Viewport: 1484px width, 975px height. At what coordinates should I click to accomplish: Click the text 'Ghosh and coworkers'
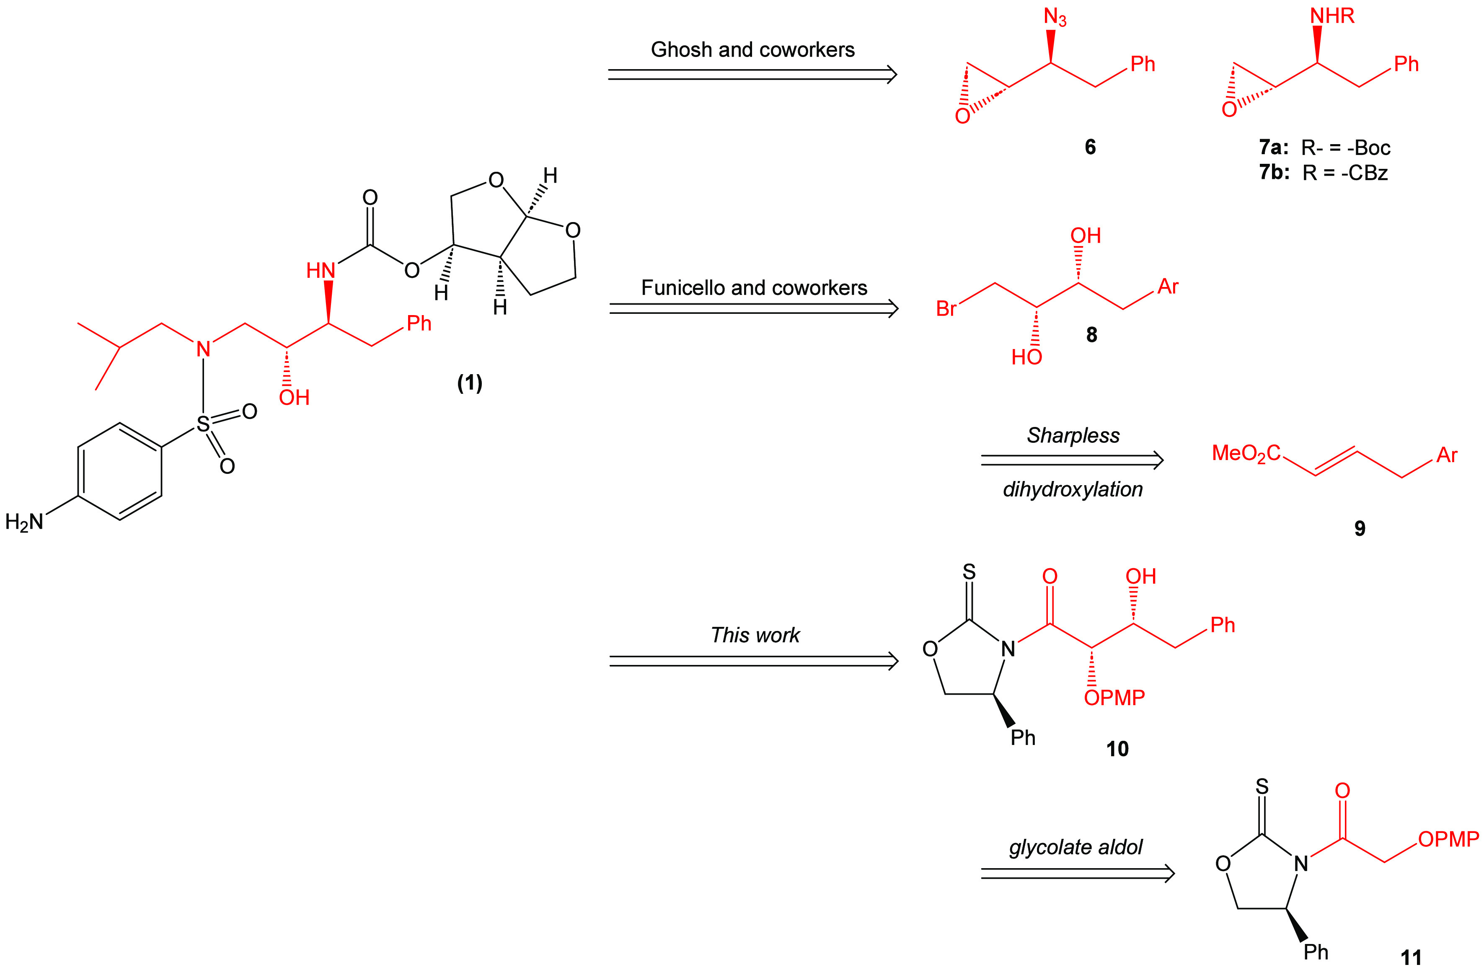click(752, 50)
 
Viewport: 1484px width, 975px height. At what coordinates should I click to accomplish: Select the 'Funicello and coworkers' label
click(754, 288)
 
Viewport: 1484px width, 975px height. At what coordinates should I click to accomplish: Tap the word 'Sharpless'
click(1073, 435)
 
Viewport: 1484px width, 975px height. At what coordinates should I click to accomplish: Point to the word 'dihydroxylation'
click(1073, 489)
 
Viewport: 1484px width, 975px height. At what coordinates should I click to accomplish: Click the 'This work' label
click(755, 635)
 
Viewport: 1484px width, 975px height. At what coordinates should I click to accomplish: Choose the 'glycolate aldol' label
click(1076, 847)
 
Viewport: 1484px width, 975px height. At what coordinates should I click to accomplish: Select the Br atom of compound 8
click(946, 308)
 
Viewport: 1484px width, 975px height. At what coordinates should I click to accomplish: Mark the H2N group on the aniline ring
click(25, 522)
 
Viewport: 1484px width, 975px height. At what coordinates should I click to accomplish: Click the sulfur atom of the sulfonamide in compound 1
click(203, 424)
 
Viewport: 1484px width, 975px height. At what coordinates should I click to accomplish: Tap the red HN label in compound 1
click(321, 271)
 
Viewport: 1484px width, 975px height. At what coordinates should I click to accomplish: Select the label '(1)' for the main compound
click(470, 383)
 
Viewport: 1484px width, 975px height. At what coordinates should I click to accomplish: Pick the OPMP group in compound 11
click(1448, 840)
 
